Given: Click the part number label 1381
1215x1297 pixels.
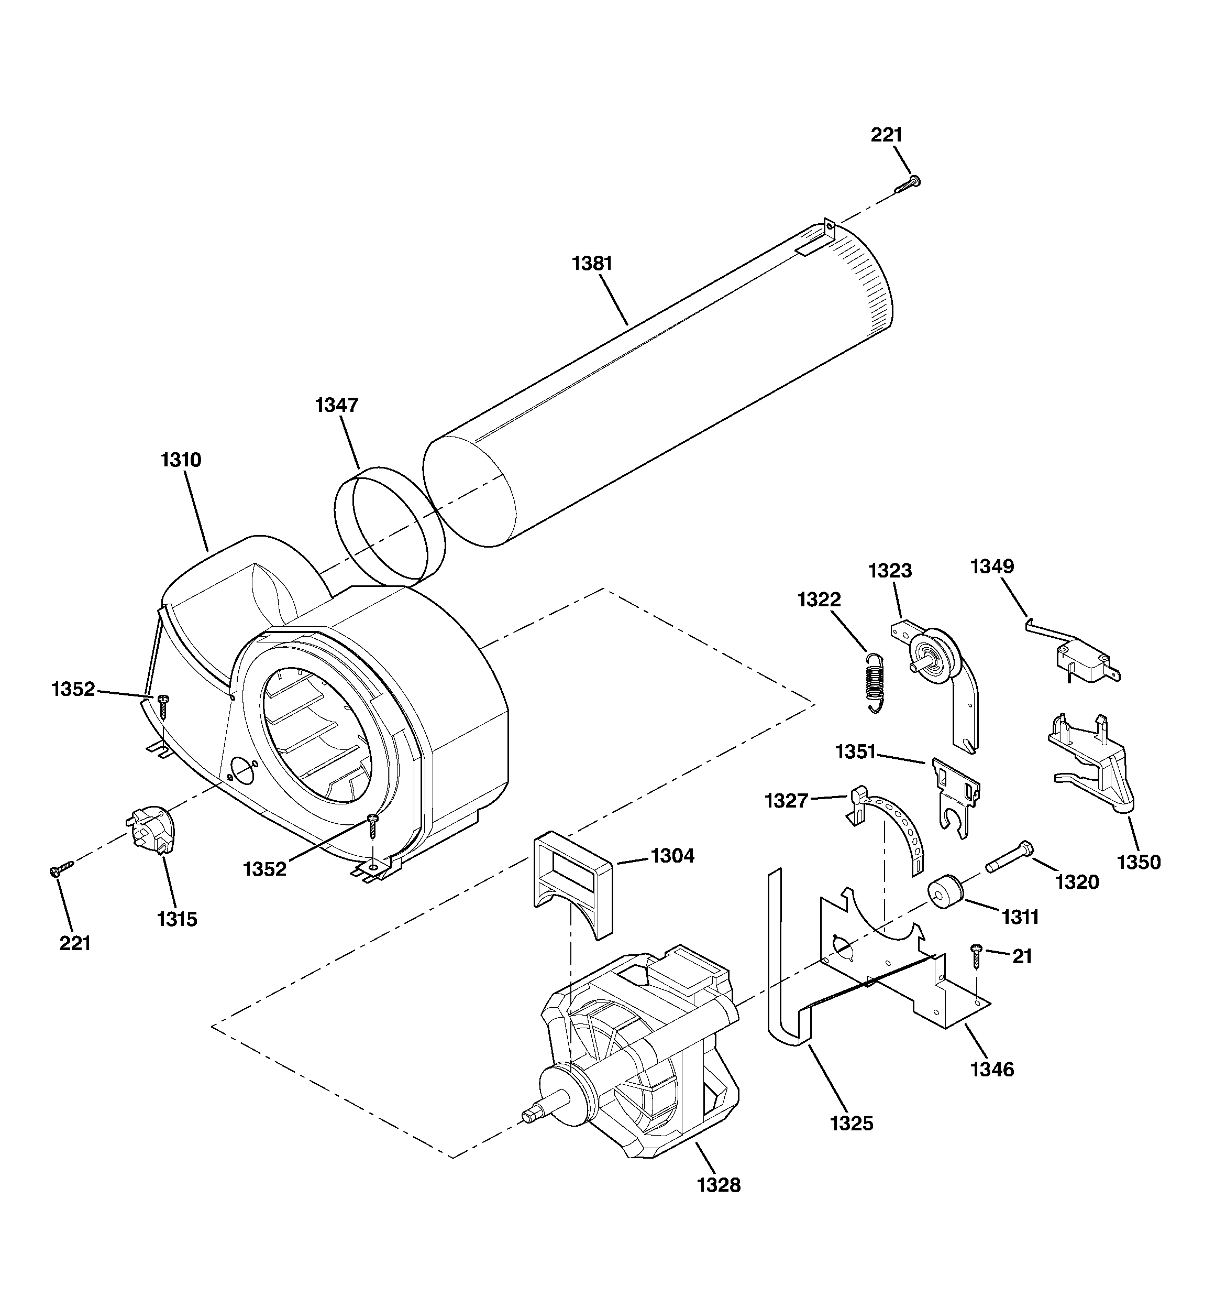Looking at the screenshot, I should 592,264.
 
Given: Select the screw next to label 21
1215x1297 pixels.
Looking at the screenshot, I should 976,956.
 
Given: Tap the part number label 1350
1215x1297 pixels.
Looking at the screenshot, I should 1139,863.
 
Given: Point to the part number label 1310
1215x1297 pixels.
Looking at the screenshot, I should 181,460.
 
